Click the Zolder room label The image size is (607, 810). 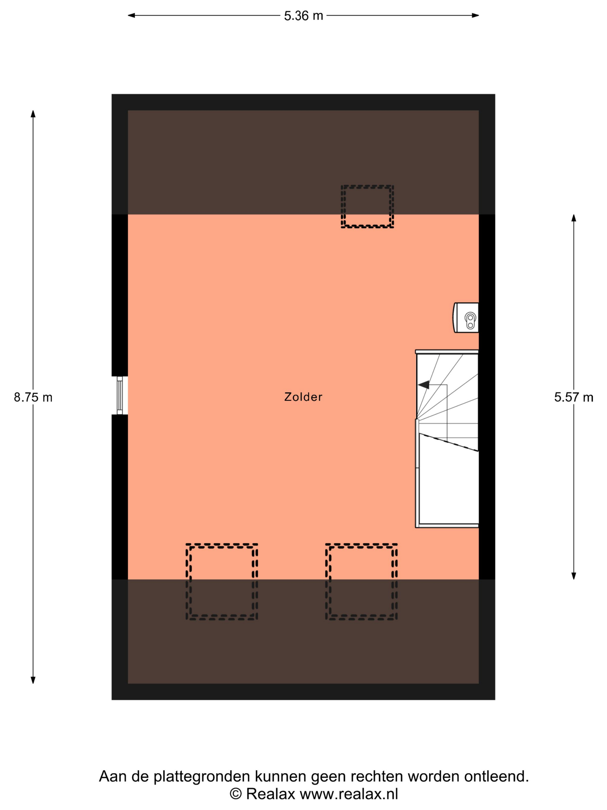point(303,397)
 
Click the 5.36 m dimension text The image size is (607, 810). point(304,16)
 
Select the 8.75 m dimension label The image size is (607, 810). point(33,397)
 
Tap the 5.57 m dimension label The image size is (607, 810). point(574,397)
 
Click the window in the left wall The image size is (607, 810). point(120,395)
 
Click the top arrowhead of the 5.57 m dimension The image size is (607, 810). point(574,218)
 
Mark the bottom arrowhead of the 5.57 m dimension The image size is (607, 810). point(574,576)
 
